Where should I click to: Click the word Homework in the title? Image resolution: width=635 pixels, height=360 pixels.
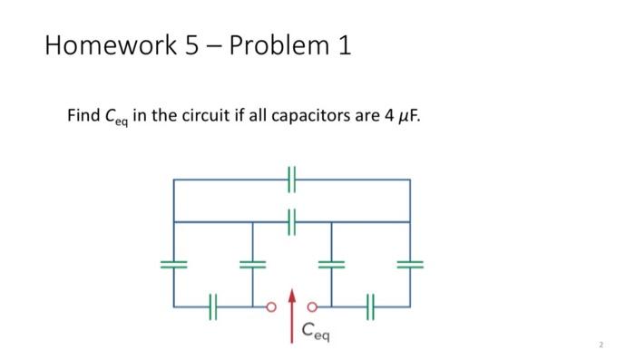coord(109,44)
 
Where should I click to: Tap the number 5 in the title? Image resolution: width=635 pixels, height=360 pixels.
coord(193,44)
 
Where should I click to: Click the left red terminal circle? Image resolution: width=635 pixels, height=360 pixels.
coord(269,306)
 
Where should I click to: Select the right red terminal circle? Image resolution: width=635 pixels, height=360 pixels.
coord(313,306)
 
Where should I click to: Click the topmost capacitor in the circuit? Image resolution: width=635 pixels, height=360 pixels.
coord(291,180)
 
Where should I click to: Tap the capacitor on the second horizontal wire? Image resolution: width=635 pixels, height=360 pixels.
coord(291,221)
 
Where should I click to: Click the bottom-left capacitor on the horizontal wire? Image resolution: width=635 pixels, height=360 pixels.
coord(213,306)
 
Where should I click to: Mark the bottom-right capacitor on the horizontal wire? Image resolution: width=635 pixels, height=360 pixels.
coord(370,306)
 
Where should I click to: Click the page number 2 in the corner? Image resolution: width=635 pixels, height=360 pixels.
coord(601,345)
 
